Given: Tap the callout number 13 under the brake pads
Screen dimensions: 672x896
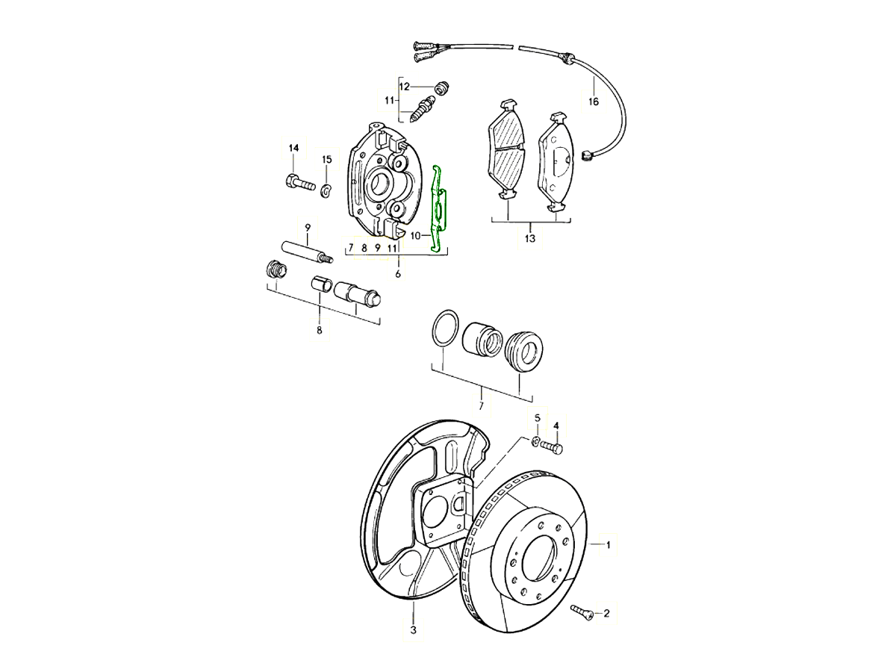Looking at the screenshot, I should click(x=529, y=239).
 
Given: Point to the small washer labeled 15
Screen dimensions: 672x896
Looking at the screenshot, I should click(x=326, y=192).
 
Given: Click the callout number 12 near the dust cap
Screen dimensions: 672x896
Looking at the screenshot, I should click(x=404, y=87).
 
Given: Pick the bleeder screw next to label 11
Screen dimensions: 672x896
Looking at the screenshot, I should click(x=423, y=108).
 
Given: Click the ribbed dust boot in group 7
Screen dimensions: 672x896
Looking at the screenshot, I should click(x=522, y=351).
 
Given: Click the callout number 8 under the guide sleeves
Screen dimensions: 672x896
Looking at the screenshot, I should click(x=319, y=329).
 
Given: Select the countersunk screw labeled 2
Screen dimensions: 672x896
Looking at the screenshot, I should click(x=583, y=612).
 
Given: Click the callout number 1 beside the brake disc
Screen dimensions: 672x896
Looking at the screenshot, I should click(x=608, y=545).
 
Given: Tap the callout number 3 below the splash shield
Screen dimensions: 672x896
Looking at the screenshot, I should click(x=412, y=630).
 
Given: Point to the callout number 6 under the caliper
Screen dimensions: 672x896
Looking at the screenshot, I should click(x=398, y=274).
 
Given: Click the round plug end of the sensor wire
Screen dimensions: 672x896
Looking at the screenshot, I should click(x=586, y=156).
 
